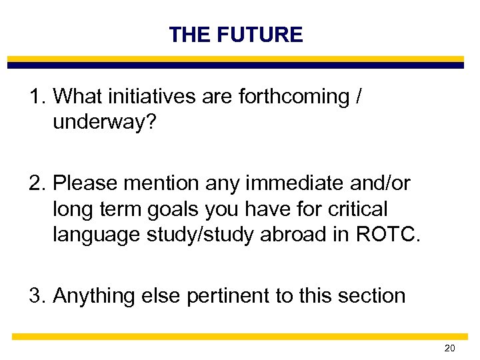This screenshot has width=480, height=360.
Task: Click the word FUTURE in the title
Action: (x=261, y=35)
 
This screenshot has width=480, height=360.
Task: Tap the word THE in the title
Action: (x=191, y=35)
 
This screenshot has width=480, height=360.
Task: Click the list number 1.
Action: (x=37, y=97)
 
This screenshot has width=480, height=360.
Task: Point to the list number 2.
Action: (x=37, y=182)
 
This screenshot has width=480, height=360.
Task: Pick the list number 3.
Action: (x=37, y=295)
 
